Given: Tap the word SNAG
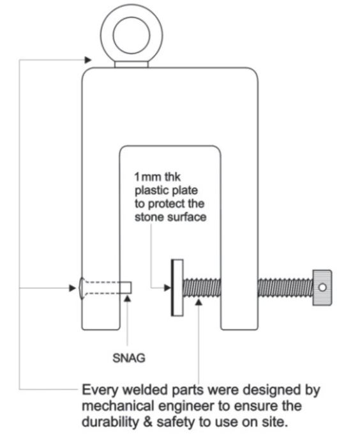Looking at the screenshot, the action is (129, 358).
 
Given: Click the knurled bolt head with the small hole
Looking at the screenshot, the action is (322, 288).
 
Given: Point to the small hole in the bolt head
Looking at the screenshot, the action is (322, 287).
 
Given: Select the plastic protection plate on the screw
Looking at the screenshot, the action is (177, 288).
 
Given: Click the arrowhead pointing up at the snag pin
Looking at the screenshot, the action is (127, 299).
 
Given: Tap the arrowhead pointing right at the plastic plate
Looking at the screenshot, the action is (167, 288).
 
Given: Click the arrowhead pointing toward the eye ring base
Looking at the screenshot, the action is (88, 60).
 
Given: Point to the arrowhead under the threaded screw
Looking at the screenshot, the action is (199, 302).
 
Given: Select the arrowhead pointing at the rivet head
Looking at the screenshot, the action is (73, 288).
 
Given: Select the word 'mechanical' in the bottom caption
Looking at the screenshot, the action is (120, 407).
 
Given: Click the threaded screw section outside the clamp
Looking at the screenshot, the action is (285, 288).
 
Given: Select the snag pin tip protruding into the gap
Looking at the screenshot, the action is (126, 288).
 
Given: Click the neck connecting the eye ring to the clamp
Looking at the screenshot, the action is (131, 64).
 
